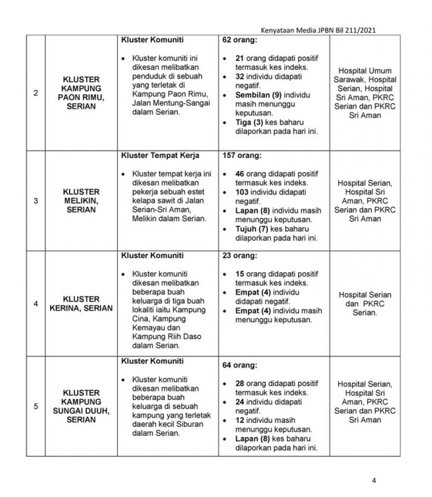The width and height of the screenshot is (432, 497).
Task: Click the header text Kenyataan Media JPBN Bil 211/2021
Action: (321, 30)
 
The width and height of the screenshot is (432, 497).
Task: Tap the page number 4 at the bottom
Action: (374, 480)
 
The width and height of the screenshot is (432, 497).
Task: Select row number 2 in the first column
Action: (35, 93)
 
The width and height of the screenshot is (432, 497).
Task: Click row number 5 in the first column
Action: (35, 406)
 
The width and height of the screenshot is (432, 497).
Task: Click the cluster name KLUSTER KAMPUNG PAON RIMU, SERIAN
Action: (81, 93)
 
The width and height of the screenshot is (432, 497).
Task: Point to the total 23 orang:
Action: (240, 256)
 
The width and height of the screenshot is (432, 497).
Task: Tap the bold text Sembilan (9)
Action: (251, 95)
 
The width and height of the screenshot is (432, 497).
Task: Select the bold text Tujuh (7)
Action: (245, 229)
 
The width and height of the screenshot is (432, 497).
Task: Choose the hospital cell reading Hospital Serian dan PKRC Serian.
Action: (365, 304)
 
